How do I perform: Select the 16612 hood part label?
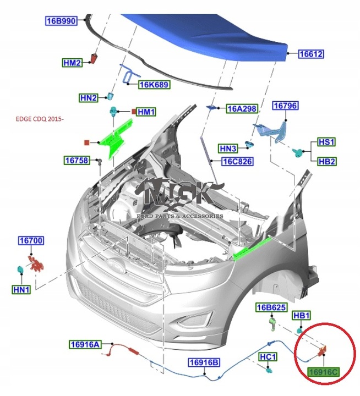coord(311,54)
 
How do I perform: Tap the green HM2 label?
coord(72,63)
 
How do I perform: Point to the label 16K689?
coord(154,85)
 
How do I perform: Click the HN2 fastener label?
coord(88,98)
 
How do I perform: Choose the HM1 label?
coord(146,112)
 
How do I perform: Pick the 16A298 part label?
coord(242,109)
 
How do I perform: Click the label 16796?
coord(286,105)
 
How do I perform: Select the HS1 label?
coord(327,142)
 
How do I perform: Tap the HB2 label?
coord(327,161)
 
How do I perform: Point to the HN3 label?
coord(228,148)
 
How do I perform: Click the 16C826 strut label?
coord(237,162)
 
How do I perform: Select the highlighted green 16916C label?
coord(323,372)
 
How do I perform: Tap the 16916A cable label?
coord(85,345)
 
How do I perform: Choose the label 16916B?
coord(204,362)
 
